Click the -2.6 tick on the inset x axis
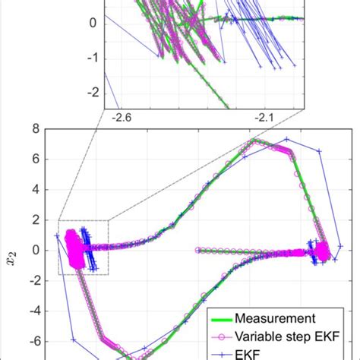122,118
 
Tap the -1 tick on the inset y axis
92,57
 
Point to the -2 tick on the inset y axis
92,93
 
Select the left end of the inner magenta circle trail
198,249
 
